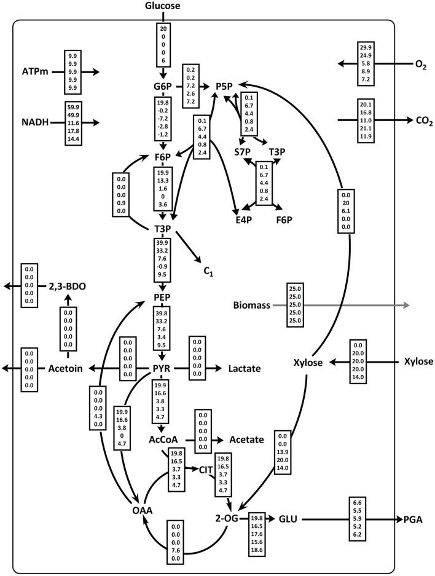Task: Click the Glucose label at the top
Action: click(x=163, y=6)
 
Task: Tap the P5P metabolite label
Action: click(x=225, y=86)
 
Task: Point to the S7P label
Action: click(x=243, y=151)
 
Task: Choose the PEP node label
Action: click(x=162, y=298)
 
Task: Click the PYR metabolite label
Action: click(x=162, y=368)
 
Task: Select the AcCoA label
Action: click(x=163, y=440)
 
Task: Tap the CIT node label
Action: click(x=206, y=470)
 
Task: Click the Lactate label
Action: click(x=245, y=368)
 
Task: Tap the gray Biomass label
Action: click(x=252, y=305)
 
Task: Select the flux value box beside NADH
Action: click(x=73, y=123)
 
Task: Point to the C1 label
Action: click(x=208, y=269)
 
